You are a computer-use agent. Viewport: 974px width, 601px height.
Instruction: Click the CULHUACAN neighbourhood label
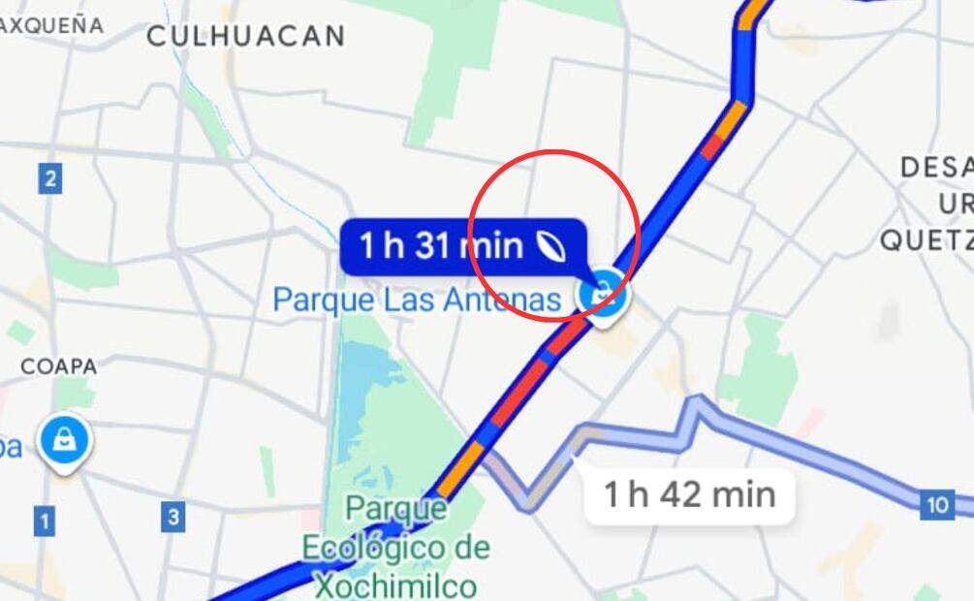[245, 37]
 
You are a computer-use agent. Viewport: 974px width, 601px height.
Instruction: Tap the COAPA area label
[59, 367]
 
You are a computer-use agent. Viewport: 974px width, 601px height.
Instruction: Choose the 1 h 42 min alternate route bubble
[689, 495]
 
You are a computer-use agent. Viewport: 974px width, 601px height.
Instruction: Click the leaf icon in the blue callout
[552, 247]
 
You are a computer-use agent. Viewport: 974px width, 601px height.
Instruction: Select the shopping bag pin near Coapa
[65, 442]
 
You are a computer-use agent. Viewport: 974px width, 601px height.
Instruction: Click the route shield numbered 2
[50, 178]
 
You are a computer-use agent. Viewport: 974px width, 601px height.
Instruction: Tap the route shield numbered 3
[173, 517]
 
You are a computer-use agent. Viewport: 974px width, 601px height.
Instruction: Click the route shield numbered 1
[44, 522]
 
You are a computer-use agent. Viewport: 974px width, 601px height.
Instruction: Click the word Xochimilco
[394, 585]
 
